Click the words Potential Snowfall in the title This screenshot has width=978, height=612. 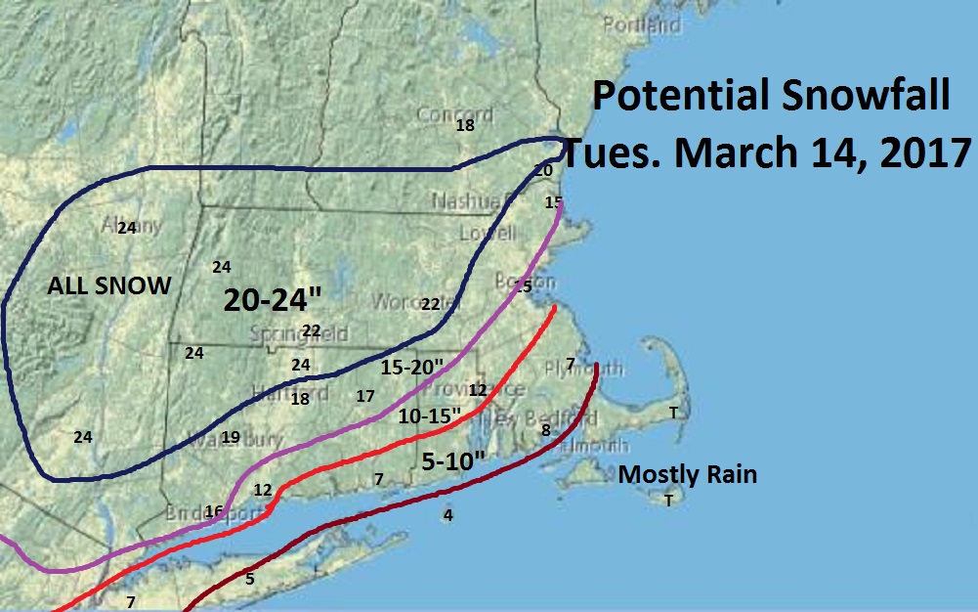tap(771, 99)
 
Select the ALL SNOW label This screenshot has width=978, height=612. tap(109, 286)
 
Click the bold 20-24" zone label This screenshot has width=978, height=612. tap(266, 300)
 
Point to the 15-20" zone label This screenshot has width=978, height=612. tap(412, 368)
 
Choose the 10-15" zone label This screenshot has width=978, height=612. tap(430, 415)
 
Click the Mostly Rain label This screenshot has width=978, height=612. tap(688, 476)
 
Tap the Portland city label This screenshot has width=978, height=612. tap(641, 24)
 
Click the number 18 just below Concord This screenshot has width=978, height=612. tap(465, 125)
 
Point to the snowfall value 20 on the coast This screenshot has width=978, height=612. tap(544, 170)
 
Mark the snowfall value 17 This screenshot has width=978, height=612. tap(365, 397)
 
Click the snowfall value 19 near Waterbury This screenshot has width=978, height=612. tap(231, 437)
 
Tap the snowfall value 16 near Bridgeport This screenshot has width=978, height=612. tap(214, 510)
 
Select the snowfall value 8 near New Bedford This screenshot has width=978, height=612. tap(545, 430)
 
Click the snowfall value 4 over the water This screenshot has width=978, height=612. tap(448, 515)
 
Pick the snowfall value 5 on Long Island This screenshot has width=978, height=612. tap(250, 579)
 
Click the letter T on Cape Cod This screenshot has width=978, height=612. tap(672, 413)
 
